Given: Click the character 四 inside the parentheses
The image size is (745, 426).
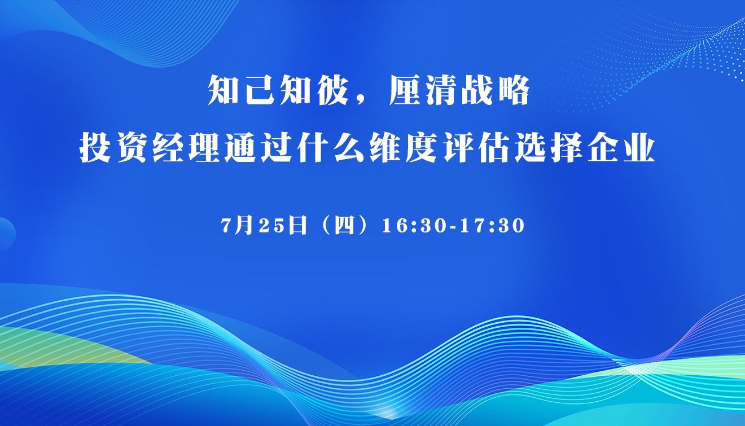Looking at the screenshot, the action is click(x=344, y=226).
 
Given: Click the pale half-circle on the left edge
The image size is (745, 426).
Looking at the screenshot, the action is click(x=7, y=234).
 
